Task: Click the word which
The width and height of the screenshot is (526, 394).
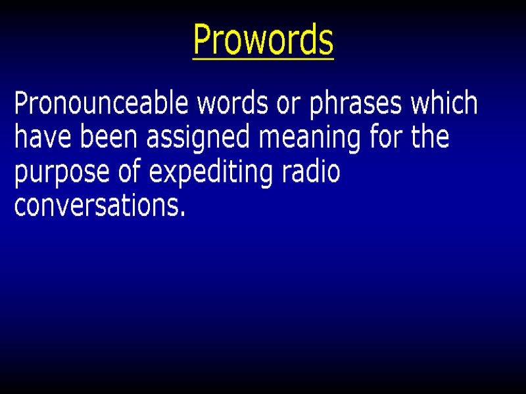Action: click(444, 104)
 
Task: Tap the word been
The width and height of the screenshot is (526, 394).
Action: click(103, 139)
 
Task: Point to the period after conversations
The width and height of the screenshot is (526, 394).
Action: click(181, 215)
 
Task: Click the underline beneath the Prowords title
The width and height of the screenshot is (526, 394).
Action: click(263, 60)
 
